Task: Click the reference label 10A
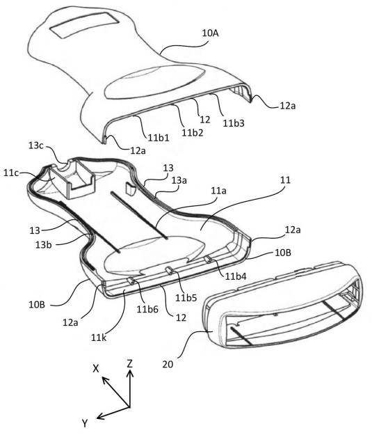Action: pyautogui.click(x=211, y=33)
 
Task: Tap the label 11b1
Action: pyautogui.click(x=159, y=138)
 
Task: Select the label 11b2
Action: pyautogui.click(x=193, y=132)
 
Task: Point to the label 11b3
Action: pyautogui.click(x=234, y=123)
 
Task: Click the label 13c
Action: pyautogui.click(x=36, y=145)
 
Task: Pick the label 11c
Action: pyautogui.click(x=11, y=173)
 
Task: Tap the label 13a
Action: pyautogui.click(x=179, y=180)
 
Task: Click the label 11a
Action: pyautogui.click(x=218, y=191)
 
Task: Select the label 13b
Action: pyautogui.click(x=44, y=245)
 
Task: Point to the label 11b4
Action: pyautogui.click(x=236, y=276)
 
